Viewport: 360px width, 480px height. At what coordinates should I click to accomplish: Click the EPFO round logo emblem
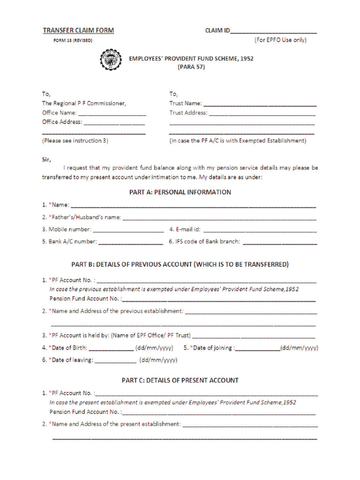click(x=111, y=60)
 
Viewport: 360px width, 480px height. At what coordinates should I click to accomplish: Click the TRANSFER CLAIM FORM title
click(x=78, y=30)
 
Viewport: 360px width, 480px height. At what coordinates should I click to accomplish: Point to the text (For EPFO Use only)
click(x=280, y=40)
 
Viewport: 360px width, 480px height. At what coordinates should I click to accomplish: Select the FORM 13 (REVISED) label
click(x=73, y=41)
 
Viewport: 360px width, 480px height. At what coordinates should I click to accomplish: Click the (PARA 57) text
click(x=191, y=67)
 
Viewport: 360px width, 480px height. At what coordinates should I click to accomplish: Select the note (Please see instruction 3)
click(x=75, y=141)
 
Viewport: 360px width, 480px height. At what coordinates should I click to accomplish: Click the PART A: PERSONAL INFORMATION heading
click(x=180, y=192)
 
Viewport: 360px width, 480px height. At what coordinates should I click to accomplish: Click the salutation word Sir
click(x=46, y=159)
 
